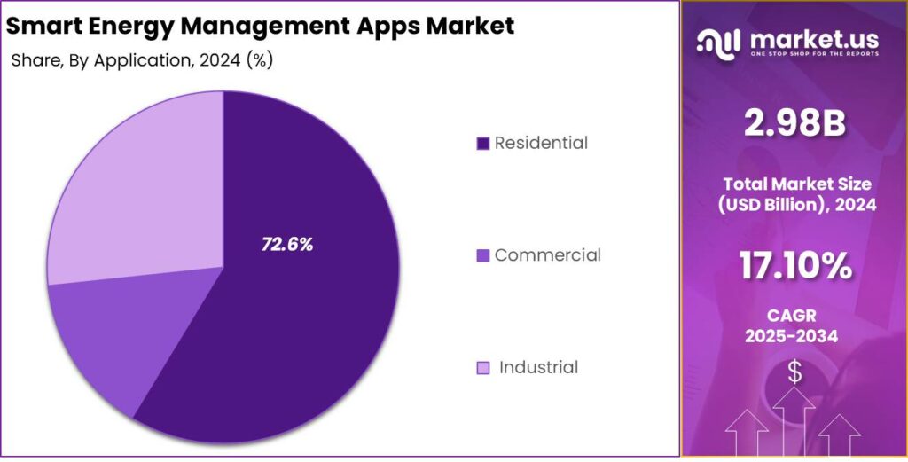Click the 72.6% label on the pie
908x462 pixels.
(x=287, y=245)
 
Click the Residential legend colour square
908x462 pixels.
(x=483, y=144)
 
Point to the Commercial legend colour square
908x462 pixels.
(x=483, y=256)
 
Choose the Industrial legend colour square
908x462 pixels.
(x=483, y=368)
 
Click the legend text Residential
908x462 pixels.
(x=541, y=143)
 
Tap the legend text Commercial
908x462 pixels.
(x=547, y=255)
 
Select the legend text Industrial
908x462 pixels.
(x=538, y=367)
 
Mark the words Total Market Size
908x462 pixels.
(x=794, y=184)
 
